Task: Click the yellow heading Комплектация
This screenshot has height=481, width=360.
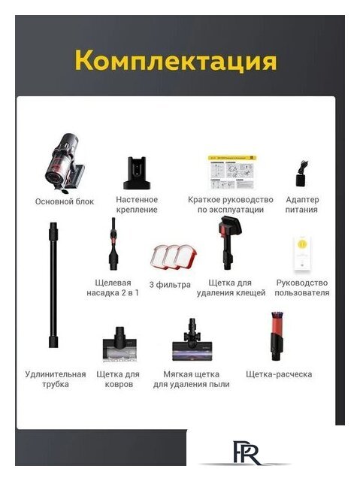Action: coord(175,60)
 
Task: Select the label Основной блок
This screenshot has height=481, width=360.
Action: coord(65,201)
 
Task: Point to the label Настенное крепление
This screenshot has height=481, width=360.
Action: coord(137,204)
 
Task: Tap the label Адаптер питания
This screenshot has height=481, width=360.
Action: coord(302,204)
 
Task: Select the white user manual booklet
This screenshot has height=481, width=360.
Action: coord(302,254)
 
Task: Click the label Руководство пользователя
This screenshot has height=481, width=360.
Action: coord(302,288)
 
